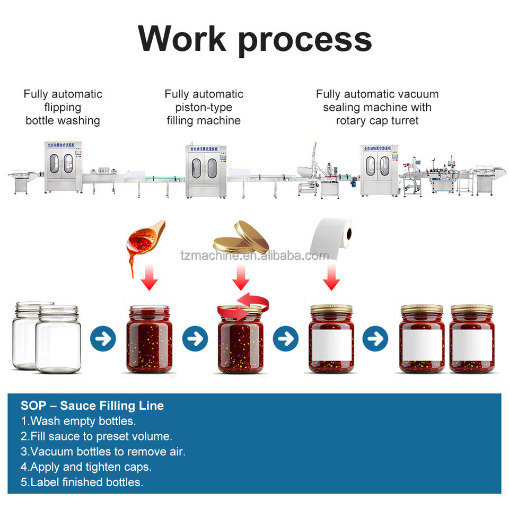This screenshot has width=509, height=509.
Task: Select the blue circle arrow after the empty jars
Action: click(103, 338)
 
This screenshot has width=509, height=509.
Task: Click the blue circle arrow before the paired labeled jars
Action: click(375, 338)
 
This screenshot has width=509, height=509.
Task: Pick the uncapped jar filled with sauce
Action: click(150, 339)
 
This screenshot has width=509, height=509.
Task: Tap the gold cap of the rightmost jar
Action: click(471, 309)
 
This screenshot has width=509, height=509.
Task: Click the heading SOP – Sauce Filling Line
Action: click(92, 406)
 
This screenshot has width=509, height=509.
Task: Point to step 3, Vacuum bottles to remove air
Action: click(103, 452)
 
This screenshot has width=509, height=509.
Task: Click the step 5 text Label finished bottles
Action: click(82, 482)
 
